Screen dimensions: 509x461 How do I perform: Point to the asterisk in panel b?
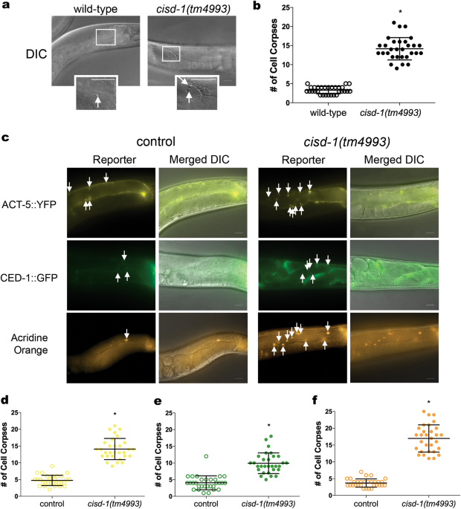(401, 14)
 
